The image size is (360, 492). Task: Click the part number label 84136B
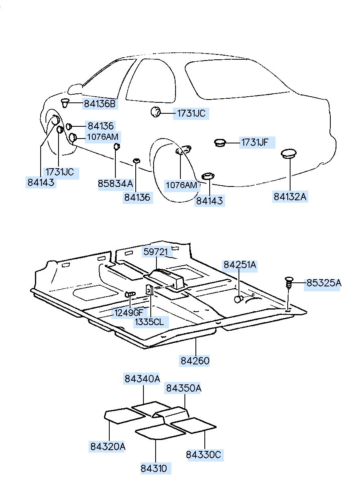pyautogui.click(x=100, y=104)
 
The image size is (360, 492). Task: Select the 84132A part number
pyautogui.click(x=290, y=197)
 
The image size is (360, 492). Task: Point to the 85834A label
pyautogui.click(x=115, y=184)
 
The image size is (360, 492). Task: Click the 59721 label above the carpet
pyautogui.click(x=155, y=252)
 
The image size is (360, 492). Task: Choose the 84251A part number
pyautogui.click(x=240, y=265)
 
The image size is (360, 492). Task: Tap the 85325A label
pyautogui.click(x=323, y=283)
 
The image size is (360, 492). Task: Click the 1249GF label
pyautogui.click(x=129, y=312)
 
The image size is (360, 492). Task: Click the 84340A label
pyautogui.click(x=142, y=379)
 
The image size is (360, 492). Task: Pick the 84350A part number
pyautogui.click(x=183, y=388)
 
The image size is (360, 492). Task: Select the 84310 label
pyautogui.click(x=154, y=468)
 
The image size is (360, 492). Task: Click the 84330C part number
pyautogui.click(x=204, y=454)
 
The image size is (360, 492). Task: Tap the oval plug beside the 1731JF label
pyautogui.click(x=220, y=142)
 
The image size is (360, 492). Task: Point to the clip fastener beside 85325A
pyautogui.click(x=289, y=282)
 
